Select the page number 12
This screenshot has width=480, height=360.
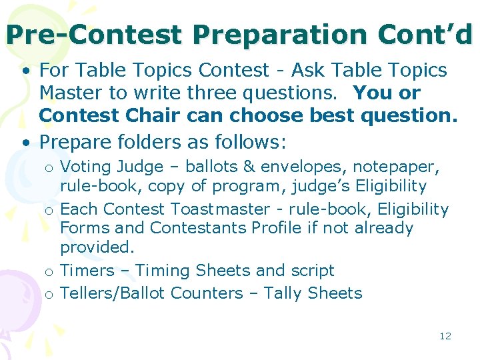[x=445, y=336]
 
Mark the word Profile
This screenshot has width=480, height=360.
[x=277, y=228]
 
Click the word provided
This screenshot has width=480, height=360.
[x=97, y=247]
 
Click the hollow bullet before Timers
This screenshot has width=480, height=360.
[x=49, y=272]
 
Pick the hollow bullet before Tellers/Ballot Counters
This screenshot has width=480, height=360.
[x=49, y=294]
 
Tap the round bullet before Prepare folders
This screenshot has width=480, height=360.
[x=25, y=143]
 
